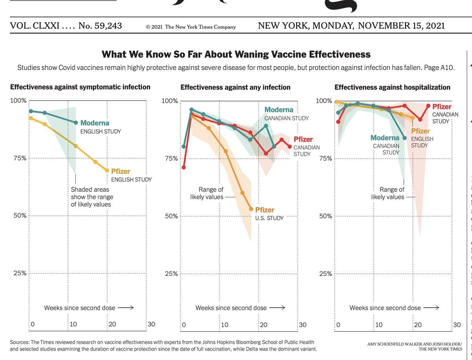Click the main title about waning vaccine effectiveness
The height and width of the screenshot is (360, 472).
point(236,54)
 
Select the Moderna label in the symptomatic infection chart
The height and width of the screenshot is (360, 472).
point(95,123)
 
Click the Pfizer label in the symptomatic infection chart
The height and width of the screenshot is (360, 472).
point(120,172)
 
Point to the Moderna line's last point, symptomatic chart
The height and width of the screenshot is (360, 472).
point(76,122)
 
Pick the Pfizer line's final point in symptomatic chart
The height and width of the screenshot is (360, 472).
point(107,170)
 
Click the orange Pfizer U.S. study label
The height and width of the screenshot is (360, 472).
point(265,210)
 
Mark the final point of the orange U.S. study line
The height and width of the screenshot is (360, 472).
point(251,209)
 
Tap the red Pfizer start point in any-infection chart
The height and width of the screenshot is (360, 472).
point(184,167)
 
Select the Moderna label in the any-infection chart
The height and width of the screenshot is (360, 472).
point(279,110)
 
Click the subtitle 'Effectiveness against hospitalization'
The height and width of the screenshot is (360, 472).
point(392,87)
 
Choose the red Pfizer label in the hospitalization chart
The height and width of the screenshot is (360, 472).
point(442,106)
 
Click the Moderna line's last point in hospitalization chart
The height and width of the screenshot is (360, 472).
point(405,138)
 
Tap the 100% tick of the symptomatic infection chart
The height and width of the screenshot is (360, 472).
point(18,101)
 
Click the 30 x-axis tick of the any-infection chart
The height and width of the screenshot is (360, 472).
point(302,325)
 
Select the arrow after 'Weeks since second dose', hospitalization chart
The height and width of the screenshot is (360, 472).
point(431,308)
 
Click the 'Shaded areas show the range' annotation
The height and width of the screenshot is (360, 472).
point(91,197)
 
